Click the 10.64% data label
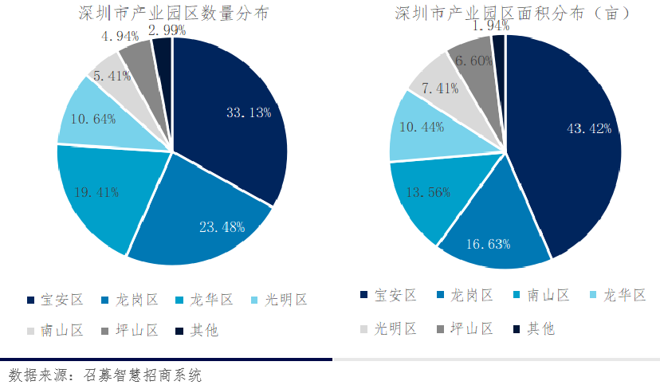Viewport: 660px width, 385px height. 94,120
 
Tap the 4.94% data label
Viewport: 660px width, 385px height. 120,36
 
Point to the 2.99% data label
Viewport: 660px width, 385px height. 167,30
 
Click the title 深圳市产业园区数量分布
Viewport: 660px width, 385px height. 173,13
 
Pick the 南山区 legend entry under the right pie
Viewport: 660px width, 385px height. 547,296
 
